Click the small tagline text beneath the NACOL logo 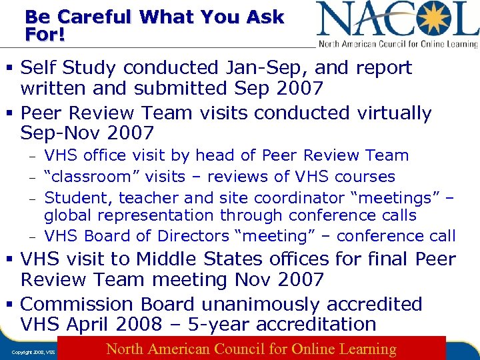point(398,44)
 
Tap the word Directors point(193,236)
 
